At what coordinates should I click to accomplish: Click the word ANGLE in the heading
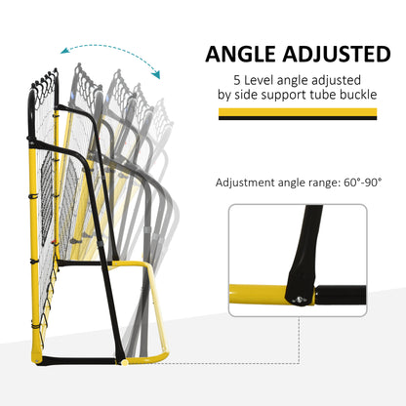(x=240, y=54)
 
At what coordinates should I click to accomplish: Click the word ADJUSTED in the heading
(x=337, y=54)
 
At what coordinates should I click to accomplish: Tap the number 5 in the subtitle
(x=236, y=80)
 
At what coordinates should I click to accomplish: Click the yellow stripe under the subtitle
(x=298, y=112)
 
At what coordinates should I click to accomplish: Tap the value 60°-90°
(x=362, y=183)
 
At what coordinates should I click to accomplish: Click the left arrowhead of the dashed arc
(x=65, y=51)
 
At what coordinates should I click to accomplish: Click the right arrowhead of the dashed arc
(x=156, y=74)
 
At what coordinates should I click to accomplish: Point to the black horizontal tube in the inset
(x=341, y=295)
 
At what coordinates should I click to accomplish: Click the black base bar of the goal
(x=78, y=360)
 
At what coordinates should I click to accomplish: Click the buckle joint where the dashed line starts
(x=123, y=362)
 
